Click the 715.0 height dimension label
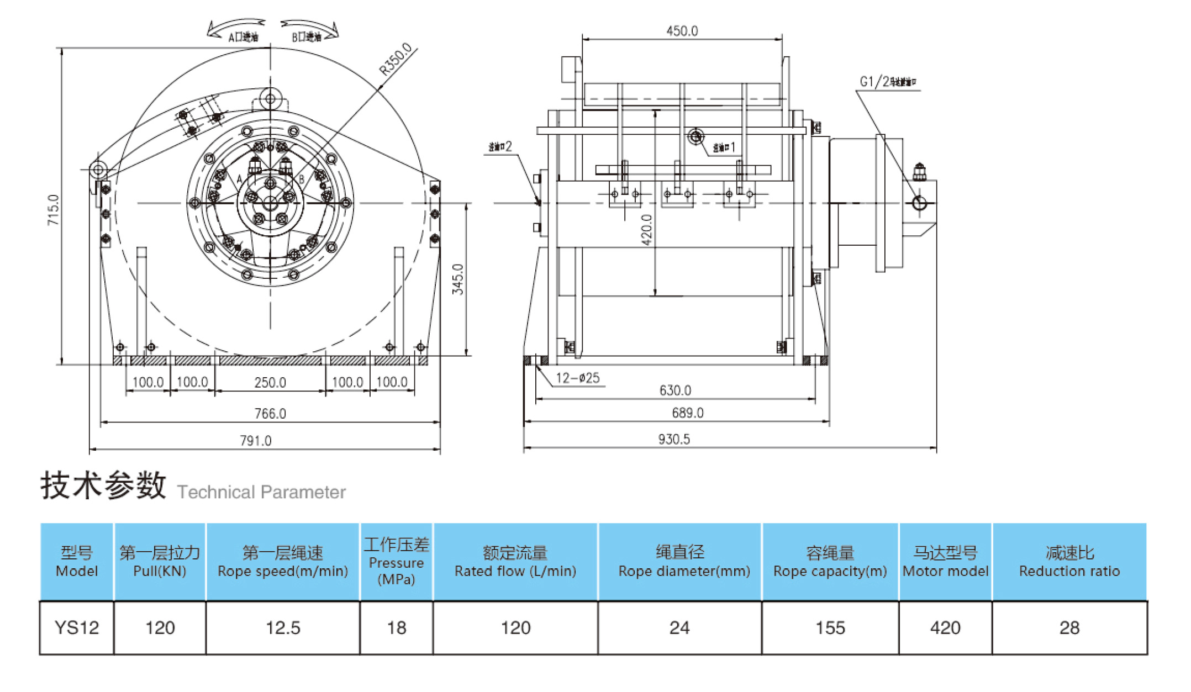tap(53, 209)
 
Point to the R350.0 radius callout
tap(396, 59)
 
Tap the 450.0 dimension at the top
tap(682, 31)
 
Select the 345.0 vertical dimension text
tap(458, 279)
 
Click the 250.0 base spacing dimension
tap(270, 382)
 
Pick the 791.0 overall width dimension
tap(255, 440)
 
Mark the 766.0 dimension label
tap(270, 413)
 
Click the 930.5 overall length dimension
tap(673, 439)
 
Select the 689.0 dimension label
tap(687, 413)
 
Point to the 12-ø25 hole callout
tap(577, 378)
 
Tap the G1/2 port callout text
tap(887, 82)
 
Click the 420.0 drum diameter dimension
tap(647, 229)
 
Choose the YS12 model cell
tap(77, 628)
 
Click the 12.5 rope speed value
tap(283, 628)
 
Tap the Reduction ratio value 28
tap(1069, 628)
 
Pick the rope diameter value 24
tap(679, 628)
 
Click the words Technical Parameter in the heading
tap(261, 492)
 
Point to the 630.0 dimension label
tap(675, 390)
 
